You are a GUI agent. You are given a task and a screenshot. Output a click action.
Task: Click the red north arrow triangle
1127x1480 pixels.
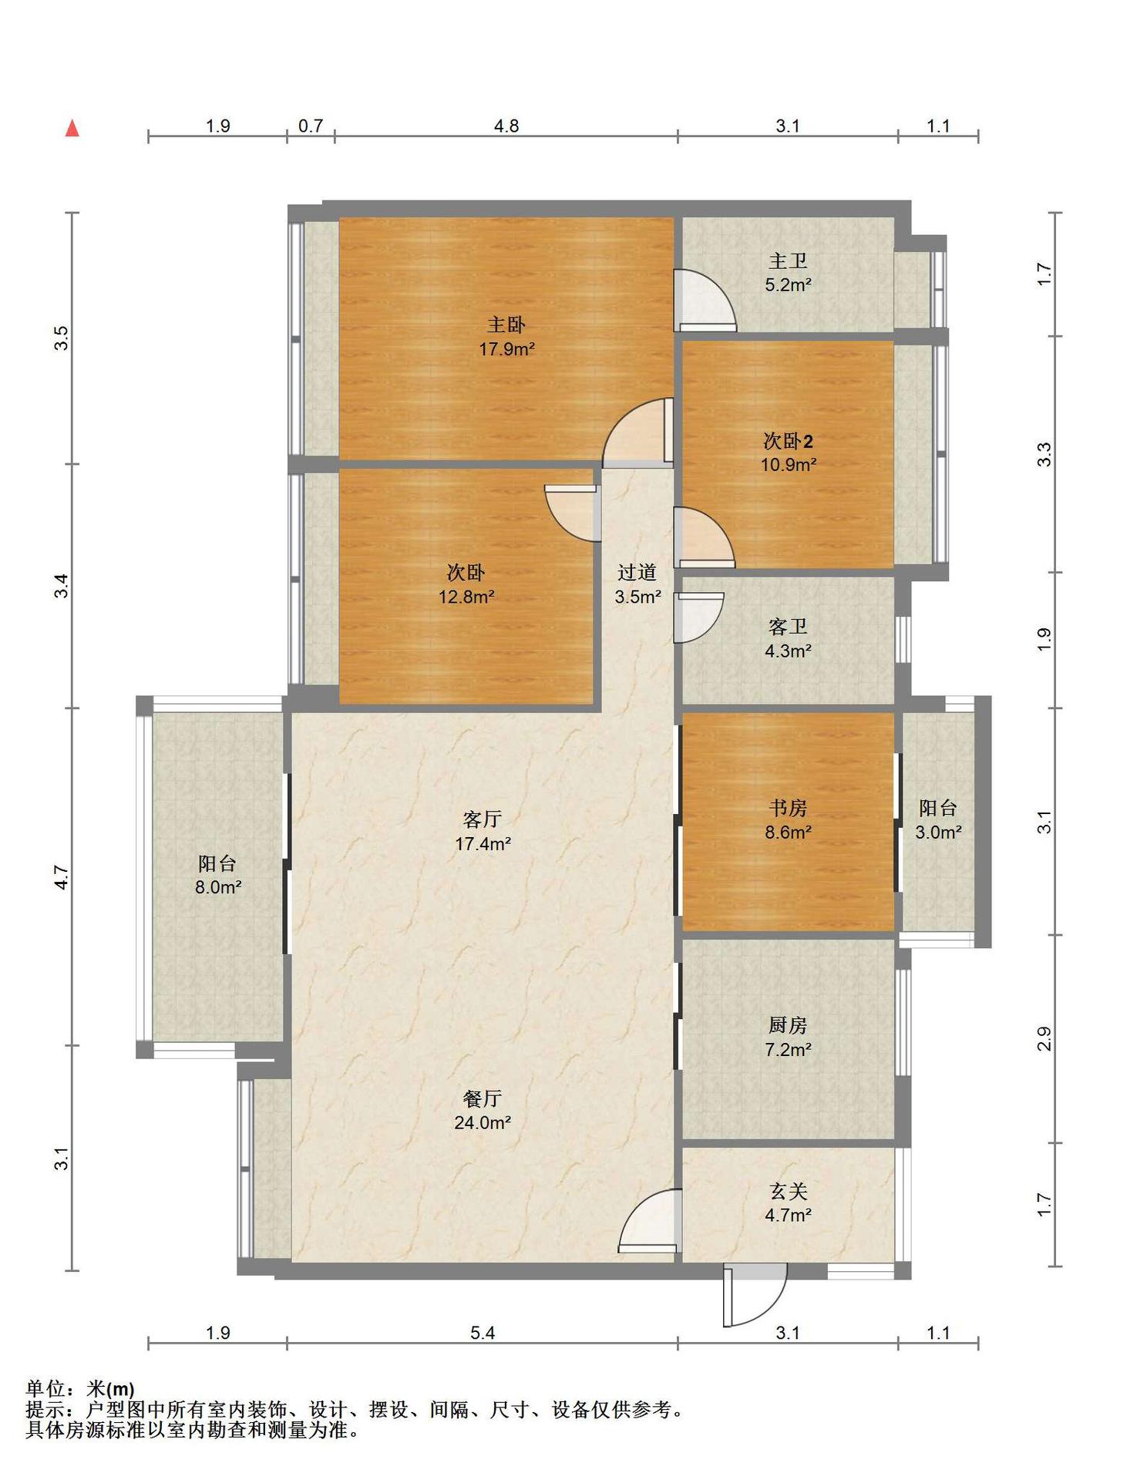point(72,128)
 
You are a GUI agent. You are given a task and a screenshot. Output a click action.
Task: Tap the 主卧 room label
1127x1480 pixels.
point(506,325)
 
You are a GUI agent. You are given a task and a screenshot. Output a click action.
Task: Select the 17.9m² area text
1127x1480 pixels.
point(506,349)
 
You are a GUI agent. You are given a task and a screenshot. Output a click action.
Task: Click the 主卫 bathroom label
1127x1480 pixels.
point(788,261)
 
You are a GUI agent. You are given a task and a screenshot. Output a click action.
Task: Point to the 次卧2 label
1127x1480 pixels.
point(788,441)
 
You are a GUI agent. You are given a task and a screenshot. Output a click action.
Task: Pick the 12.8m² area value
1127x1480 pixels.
point(466,597)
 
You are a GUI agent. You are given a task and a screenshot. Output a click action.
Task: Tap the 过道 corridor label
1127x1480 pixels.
point(638,573)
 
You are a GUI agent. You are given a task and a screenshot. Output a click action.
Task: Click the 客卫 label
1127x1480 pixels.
point(788,627)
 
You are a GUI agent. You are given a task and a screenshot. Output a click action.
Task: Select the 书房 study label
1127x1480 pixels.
point(788,808)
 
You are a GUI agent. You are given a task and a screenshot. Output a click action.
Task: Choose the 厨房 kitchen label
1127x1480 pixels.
point(788,1025)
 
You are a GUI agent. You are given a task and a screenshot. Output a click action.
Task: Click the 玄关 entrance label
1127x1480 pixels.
point(788,1192)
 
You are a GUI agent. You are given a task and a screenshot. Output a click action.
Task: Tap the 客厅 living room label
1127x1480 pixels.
point(483,819)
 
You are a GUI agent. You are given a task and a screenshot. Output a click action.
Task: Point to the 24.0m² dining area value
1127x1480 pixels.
point(483,1123)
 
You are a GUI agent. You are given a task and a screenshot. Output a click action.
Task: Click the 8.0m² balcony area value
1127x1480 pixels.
point(218,887)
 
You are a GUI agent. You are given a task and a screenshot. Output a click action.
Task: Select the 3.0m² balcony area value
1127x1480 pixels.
point(938,832)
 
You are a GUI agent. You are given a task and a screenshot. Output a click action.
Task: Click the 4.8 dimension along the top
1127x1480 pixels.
point(506,126)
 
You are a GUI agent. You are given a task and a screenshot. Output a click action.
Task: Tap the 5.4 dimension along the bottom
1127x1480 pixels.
point(483,1333)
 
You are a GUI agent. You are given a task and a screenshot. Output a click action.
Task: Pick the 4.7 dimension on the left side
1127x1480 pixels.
point(62,877)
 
